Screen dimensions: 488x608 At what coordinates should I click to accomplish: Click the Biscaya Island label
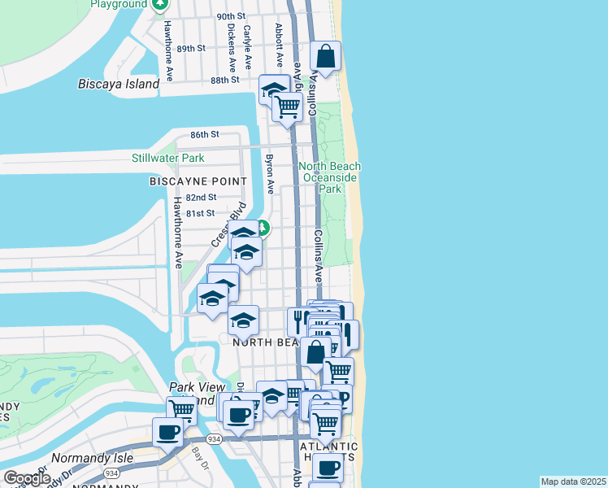click(x=119, y=84)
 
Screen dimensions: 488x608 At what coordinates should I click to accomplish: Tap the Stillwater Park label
click(x=168, y=157)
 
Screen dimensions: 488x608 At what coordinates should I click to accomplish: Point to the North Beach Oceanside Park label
click(x=330, y=177)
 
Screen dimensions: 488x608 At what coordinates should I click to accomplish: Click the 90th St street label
click(x=231, y=16)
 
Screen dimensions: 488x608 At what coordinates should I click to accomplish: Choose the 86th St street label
click(x=205, y=134)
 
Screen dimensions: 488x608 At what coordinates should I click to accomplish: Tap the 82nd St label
click(x=201, y=198)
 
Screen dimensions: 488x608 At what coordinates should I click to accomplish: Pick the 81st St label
click(x=200, y=213)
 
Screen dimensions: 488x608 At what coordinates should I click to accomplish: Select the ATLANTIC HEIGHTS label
click(x=329, y=453)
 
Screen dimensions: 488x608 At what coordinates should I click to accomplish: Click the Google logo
click(x=27, y=478)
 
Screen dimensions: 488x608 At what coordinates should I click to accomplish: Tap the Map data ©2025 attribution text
click(x=572, y=481)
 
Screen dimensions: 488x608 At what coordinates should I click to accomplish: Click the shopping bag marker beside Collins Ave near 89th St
click(x=325, y=57)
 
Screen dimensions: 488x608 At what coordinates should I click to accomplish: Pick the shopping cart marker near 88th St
click(x=287, y=107)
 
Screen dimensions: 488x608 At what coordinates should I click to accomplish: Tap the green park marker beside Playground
click(x=160, y=5)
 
